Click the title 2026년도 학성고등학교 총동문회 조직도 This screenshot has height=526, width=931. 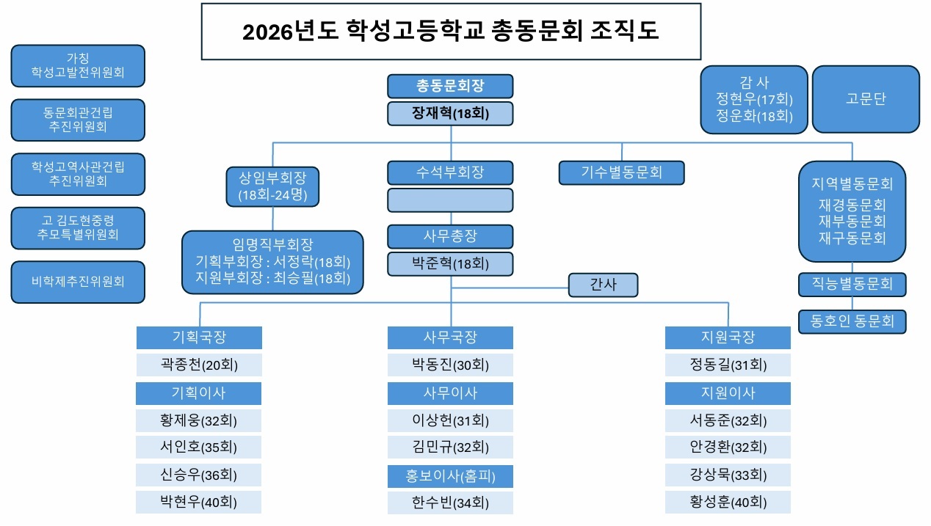pyautogui.click(x=451, y=32)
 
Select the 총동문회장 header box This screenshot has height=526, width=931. pyautogui.click(x=450, y=87)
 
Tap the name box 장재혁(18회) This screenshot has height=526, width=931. pyautogui.click(x=450, y=114)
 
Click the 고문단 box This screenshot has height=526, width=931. pyautogui.click(x=866, y=99)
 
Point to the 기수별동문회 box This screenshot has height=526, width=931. pyautogui.click(x=621, y=172)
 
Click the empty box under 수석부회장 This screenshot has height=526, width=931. pyautogui.click(x=450, y=200)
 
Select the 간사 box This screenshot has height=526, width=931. pyautogui.click(x=603, y=285)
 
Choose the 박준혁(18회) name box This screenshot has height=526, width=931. pyautogui.click(x=450, y=263)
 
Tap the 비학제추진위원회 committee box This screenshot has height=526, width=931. pyautogui.click(x=78, y=281)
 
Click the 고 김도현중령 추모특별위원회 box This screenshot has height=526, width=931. pyautogui.click(x=78, y=227)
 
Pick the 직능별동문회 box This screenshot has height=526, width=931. pyautogui.click(x=852, y=284)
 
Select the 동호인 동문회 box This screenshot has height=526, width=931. pyautogui.click(x=852, y=321)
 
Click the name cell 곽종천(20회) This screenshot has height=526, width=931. pyautogui.click(x=199, y=365)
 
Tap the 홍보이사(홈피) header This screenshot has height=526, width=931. pyautogui.click(x=450, y=476)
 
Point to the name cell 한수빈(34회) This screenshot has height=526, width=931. pyautogui.click(x=450, y=503)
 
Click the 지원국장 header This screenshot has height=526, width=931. pyautogui.click(x=728, y=337)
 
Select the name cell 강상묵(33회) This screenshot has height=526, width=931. pyautogui.click(x=728, y=475)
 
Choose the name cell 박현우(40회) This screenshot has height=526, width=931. pyautogui.click(x=199, y=503)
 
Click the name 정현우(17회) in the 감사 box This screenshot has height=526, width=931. pyautogui.click(x=754, y=99)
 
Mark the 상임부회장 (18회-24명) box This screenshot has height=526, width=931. pyautogui.click(x=273, y=186)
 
